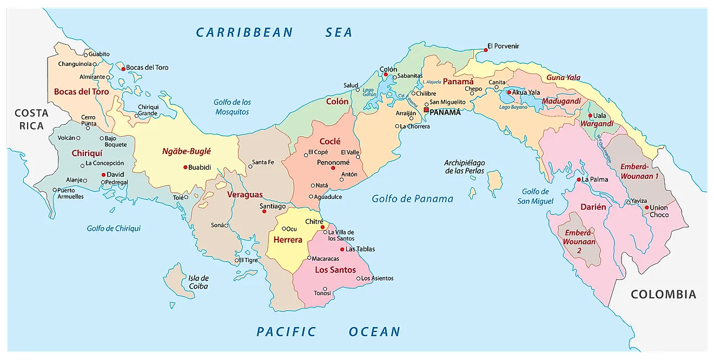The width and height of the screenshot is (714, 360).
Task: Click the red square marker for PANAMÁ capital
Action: point(426,110)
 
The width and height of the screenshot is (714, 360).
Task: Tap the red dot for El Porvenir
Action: point(486,50)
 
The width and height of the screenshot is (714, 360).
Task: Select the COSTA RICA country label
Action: point(31,119)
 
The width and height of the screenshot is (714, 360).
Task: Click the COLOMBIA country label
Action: point(663,295)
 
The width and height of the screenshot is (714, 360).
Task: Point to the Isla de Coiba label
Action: point(198,282)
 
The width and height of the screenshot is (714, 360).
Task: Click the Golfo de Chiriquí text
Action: point(114,228)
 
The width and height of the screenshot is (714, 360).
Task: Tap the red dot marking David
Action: point(103,175)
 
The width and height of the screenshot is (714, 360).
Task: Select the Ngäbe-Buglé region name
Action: point(186,151)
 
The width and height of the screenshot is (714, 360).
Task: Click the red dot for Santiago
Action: point(264,211)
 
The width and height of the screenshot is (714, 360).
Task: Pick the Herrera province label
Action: point(287,239)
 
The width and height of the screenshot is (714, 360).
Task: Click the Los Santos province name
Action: point(335,270)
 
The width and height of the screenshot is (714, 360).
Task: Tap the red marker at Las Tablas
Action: point(342,249)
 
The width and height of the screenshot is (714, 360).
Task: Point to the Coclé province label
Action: point(330,141)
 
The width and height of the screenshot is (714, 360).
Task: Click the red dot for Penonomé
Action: point(333,168)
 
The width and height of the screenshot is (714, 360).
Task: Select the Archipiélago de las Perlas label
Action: point(465,166)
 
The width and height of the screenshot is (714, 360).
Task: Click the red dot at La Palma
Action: point(578,179)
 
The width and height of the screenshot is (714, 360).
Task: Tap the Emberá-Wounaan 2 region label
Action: point(579,242)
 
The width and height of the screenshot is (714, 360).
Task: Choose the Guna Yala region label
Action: point(563,77)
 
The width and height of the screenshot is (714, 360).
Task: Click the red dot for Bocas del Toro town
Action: point(123,68)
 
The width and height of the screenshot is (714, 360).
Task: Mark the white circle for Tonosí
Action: point(325,288)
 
